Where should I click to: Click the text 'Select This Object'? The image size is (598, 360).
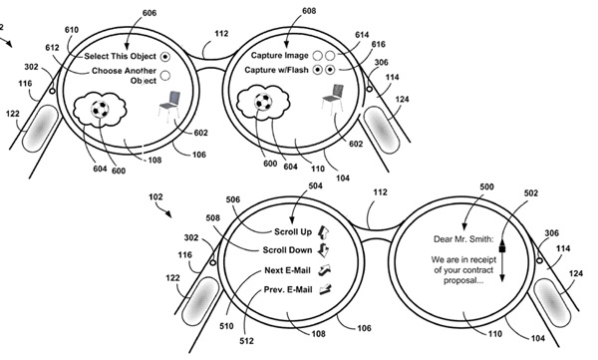coord(121,56)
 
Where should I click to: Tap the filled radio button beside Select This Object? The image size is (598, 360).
coord(165,57)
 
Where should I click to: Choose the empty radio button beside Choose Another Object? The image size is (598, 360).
coord(165,76)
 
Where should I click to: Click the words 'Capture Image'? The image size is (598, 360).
coord(279,56)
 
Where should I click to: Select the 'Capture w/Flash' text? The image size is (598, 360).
coord(276,70)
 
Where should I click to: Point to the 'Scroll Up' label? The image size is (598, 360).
coord(293,231)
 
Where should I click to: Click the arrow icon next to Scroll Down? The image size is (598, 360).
coord(323,250)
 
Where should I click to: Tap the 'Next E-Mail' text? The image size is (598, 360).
coord(288,270)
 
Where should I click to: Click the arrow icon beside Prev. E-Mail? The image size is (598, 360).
coord(325,289)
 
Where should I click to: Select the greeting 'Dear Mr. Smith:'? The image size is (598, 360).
coord(463,239)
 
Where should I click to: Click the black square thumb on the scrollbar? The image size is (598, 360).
coord(502,249)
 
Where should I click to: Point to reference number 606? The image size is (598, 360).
coord(149,13)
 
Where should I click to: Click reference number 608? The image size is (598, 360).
coord(309,11)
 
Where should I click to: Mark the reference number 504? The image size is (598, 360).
coord(315,185)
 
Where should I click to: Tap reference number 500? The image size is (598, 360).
coord(486,187)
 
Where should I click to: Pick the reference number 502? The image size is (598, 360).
coord(531,193)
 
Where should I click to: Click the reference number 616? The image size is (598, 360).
coord(379,44)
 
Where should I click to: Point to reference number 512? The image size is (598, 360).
coord(246,341)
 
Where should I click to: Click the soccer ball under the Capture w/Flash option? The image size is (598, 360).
coord(263,102)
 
